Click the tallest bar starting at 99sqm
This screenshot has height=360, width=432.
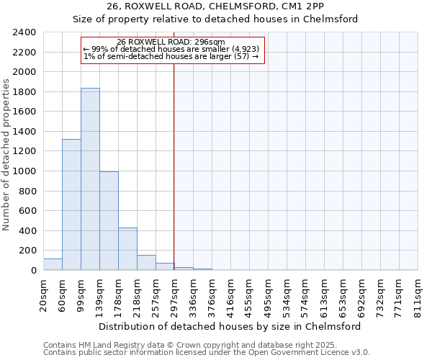[x=90, y=180]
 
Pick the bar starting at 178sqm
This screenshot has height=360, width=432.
[x=127, y=249]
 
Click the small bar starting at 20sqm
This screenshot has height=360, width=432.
[x=53, y=264]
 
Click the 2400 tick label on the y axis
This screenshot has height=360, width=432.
[x=24, y=32]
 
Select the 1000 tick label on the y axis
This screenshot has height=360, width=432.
[x=24, y=171]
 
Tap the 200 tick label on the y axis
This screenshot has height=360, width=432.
[x=27, y=251]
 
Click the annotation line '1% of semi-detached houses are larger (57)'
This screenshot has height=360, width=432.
[x=171, y=56]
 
